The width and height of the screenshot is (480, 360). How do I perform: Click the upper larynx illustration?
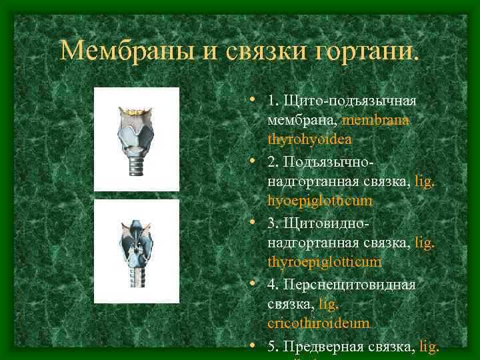click(x=137, y=139)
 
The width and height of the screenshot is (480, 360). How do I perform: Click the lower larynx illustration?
click(x=137, y=251)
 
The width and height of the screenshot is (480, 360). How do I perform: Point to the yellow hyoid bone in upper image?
click(x=137, y=109)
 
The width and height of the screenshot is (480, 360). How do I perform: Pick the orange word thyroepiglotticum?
click(x=325, y=262)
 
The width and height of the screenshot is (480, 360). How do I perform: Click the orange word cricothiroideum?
click(x=318, y=323)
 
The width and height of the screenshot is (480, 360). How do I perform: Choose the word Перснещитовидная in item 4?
click(x=349, y=285)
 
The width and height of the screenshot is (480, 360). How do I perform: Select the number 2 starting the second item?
click(x=271, y=162)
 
